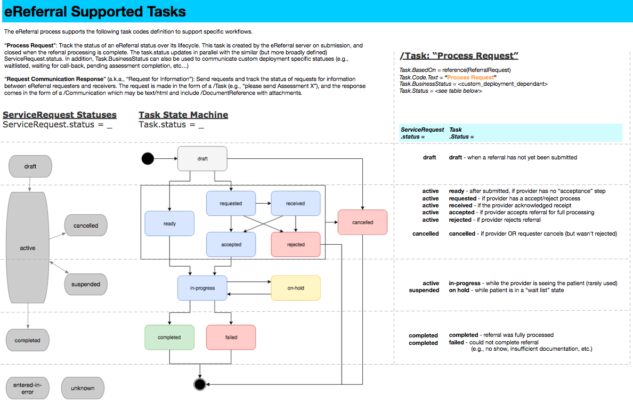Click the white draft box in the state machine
point(202,159)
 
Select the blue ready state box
point(169,223)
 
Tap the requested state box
point(231,204)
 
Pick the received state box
point(296,204)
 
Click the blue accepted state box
point(231,244)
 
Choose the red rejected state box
point(296,244)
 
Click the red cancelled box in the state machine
point(362,222)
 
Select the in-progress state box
point(202,288)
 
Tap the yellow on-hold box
point(296,288)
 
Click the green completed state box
point(169,337)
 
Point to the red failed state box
point(231,337)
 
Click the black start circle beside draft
point(148,159)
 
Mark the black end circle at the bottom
point(200,384)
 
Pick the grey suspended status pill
point(86,284)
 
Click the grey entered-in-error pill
point(28,388)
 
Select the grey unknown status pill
point(83,388)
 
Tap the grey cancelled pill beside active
point(86,225)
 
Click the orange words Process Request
point(470,77)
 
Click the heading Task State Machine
point(183,115)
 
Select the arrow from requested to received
point(263,204)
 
